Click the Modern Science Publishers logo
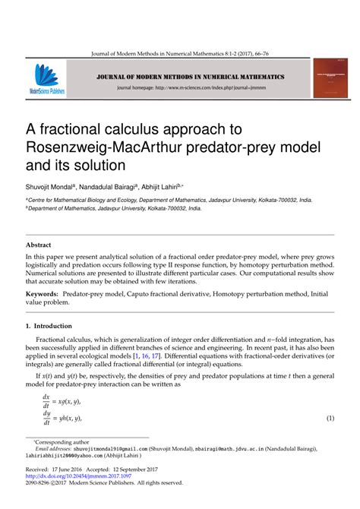tap(46, 79)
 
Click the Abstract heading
tap(38, 245)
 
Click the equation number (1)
tap(330, 419)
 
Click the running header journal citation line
tap(179, 53)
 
